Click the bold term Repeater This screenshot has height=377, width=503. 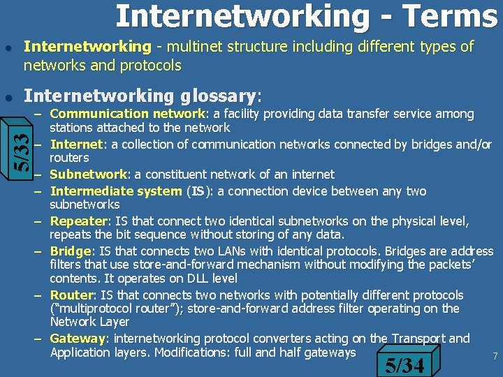click(77, 221)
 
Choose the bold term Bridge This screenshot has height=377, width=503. click(71, 251)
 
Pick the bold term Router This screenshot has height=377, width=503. click(71, 295)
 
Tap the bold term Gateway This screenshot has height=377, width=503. click(77, 339)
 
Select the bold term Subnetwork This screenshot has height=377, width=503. click(88, 175)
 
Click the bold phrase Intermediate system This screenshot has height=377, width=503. click(116, 191)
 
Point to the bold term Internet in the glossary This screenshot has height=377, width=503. click(77, 145)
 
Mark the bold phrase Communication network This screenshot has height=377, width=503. click(129, 114)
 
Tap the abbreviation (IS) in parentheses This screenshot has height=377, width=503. click(199, 191)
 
